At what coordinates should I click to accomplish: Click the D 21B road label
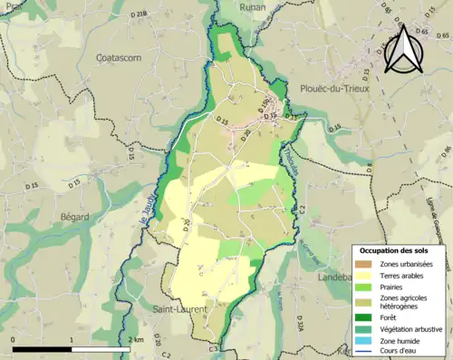tap(138, 15)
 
